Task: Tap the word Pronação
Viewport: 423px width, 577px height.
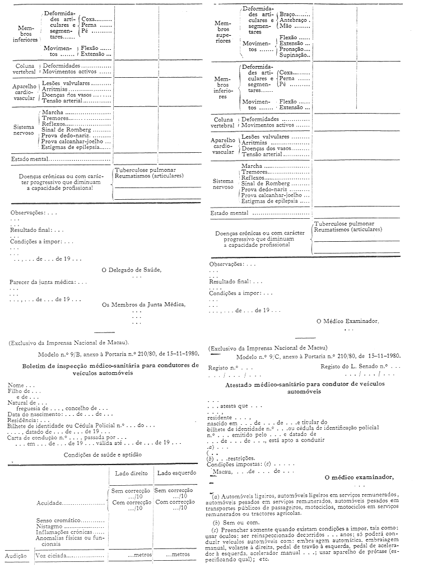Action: tap(293, 49)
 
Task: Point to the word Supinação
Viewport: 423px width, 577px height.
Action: tap(295, 55)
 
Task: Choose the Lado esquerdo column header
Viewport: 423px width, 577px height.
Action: tap(174, 473)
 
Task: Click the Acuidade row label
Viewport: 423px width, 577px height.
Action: tap(53, 503)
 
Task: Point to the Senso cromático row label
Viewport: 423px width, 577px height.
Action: tap(58, 521)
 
